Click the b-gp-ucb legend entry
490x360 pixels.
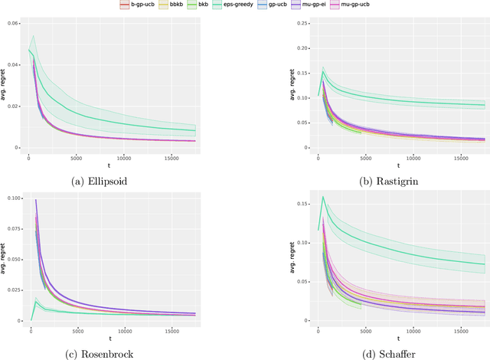click(x=140, y=6)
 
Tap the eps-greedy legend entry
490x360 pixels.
click(x=254, y=6)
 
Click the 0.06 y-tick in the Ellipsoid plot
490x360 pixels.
click(x=14, y=25)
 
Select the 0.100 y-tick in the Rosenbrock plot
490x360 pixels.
click(x=12, y=198)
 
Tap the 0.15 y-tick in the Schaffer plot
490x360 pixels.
click(x=303, y=202)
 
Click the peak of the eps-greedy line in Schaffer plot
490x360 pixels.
click(x=322, y=197)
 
